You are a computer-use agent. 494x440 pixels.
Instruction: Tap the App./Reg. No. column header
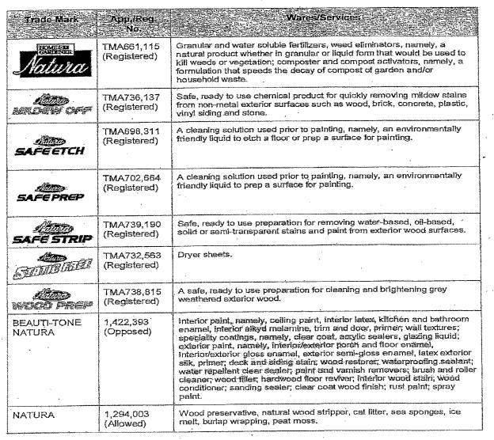point(129,22)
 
